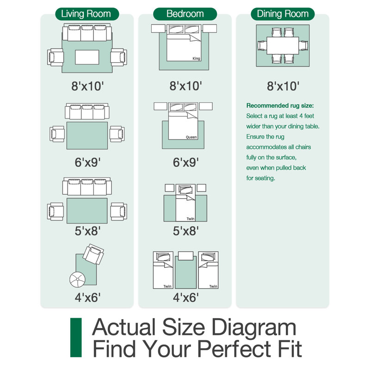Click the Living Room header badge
coord(87,14)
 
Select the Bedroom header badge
coord(185,14)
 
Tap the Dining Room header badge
coord(283,14)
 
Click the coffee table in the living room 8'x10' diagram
coord(87,57)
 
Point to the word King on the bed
coord(196,58)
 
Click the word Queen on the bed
coord(191,137)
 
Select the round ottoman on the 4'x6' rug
coord(77,280)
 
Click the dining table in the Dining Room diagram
coord(283,45)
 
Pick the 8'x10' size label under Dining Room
coord(283,86)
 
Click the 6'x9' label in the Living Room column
coord(87,162)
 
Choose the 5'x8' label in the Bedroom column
coord(186,231)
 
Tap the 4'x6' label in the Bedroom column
coord(186,297)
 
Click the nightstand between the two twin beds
coord(186,256)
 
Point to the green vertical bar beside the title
coord(76,338)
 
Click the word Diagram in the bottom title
coord(253,327)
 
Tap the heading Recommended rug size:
coord(280,105)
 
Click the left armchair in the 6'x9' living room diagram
coord(57,134)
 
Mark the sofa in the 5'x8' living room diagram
coord(87,186)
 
